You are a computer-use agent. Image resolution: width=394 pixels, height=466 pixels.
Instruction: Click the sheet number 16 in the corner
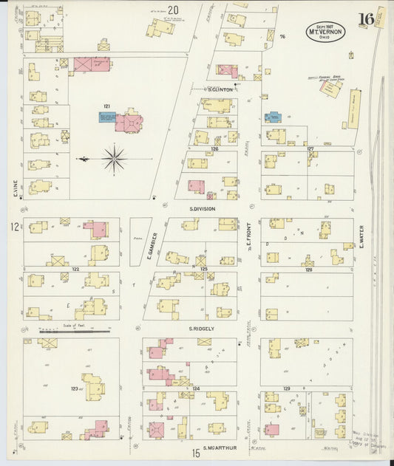point(364,19)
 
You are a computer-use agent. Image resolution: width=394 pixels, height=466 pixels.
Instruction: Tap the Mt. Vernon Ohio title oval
point(325,31)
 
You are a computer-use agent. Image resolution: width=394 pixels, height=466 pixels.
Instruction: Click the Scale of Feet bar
point(74,332)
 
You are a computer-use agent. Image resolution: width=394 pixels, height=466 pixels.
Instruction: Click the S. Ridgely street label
point(200,329)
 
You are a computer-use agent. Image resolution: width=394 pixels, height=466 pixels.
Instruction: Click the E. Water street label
point(361,236)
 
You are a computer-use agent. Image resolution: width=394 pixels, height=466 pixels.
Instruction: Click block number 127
point(310,148)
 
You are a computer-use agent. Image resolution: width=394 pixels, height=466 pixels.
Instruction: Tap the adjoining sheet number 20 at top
point(174,10)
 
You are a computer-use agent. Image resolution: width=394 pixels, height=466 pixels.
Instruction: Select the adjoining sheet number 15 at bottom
point(197,453)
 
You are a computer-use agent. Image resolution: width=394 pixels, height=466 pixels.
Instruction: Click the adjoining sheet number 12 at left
point(14,227)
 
